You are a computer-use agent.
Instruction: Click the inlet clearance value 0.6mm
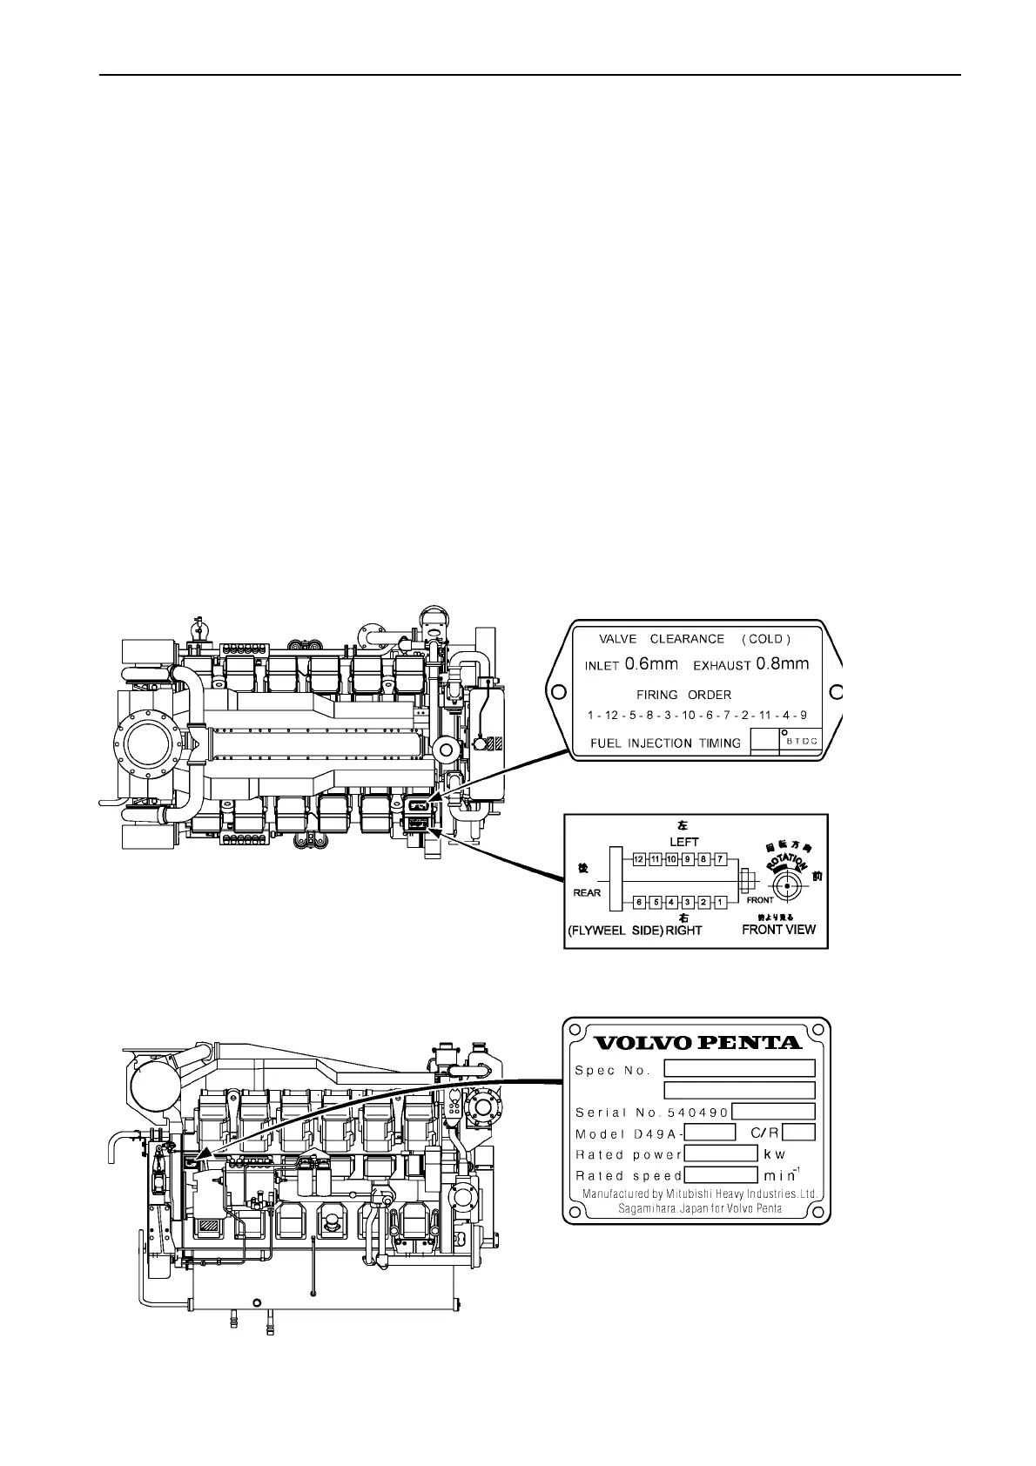point(651,664)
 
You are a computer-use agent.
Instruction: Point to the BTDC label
point(802,743)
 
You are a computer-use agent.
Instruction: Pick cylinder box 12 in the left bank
point(638,860)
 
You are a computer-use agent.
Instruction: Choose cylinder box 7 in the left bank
point(720,860)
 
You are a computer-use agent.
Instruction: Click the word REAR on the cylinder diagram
point(587,892)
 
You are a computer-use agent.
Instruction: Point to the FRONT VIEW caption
point(778,929)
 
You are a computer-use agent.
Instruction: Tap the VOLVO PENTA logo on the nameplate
point(696,1042)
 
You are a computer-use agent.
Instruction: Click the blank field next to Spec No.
point(739,1068)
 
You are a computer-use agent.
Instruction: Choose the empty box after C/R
point(798,1133)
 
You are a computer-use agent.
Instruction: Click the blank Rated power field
point(722,1153)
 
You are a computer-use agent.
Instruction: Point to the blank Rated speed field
point(722,1174)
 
